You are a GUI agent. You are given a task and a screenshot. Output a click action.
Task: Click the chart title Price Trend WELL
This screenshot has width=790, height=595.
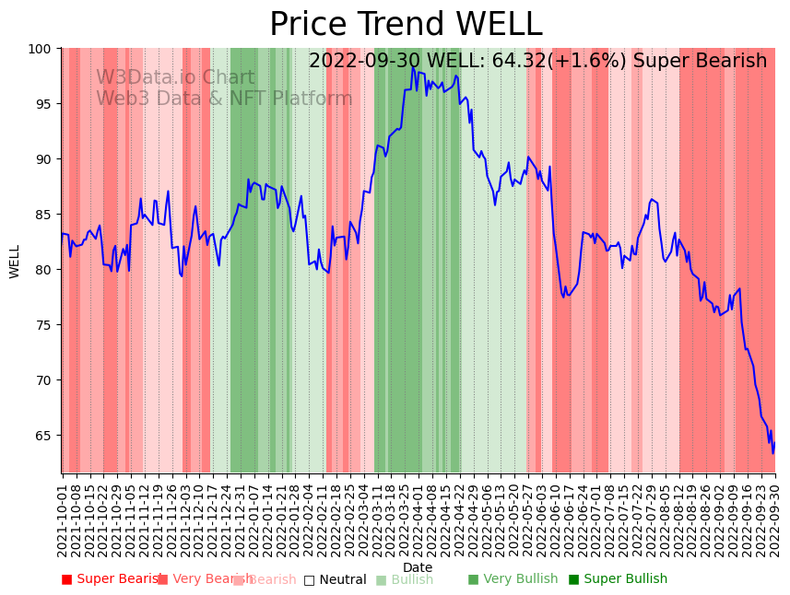pos(406,25)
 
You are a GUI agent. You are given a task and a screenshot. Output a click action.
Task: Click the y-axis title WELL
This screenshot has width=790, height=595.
pos(15,261)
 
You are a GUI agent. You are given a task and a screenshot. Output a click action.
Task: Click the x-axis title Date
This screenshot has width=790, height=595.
pos(418,567)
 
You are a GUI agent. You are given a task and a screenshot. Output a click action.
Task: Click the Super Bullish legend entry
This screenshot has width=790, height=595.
pos(618,579)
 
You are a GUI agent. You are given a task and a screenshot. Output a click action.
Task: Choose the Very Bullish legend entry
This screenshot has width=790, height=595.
pos(513,579)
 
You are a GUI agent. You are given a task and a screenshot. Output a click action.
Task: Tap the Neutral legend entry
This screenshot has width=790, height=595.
pos(335,579)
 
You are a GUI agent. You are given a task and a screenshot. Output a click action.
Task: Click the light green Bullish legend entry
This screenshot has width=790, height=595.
pos(404,579)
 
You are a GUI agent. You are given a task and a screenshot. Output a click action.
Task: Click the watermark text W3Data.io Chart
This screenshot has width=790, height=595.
pos(175,78)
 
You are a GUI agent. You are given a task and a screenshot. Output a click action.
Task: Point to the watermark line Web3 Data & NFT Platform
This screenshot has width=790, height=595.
pos(224,99)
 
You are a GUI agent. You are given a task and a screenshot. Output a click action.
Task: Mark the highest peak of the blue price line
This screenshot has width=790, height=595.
pos(413,67)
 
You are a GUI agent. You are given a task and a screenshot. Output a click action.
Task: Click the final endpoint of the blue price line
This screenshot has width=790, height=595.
pos(774,443)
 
